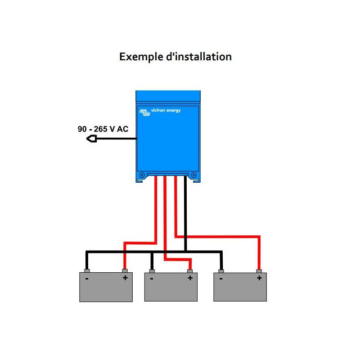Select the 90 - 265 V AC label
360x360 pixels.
[103, 129]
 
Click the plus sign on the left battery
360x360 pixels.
[125, 278]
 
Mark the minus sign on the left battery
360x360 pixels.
[86, 279]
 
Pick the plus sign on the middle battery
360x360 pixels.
[190, 278]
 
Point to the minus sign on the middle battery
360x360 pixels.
[152, 279]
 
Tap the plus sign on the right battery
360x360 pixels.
[259, 278]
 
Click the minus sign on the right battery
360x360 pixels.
[221, 279]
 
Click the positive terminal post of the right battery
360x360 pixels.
[259, 271]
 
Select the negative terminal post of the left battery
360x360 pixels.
[87, 271]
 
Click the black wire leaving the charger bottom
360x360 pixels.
[185, 211]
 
